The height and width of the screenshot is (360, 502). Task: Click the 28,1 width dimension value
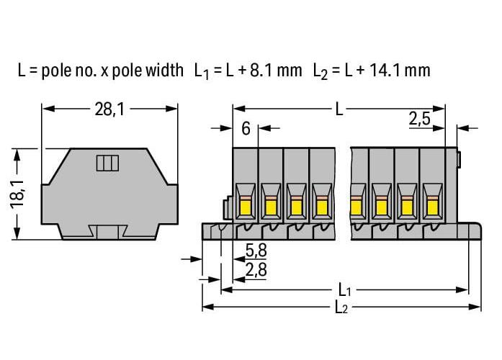coord(109,109)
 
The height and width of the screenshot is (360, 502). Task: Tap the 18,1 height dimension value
coord(18,194)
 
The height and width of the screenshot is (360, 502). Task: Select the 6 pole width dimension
coord(246,129)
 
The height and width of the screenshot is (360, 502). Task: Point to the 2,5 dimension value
coord(420,119)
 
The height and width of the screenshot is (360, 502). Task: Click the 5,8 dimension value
coord(256,250)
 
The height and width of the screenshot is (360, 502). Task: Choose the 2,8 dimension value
coord(256,270)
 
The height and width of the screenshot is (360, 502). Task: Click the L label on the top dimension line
coord(339,109)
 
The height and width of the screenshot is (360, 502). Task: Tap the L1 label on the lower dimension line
coord(345,291)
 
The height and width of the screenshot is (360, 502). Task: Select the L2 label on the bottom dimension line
coord(341,308)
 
